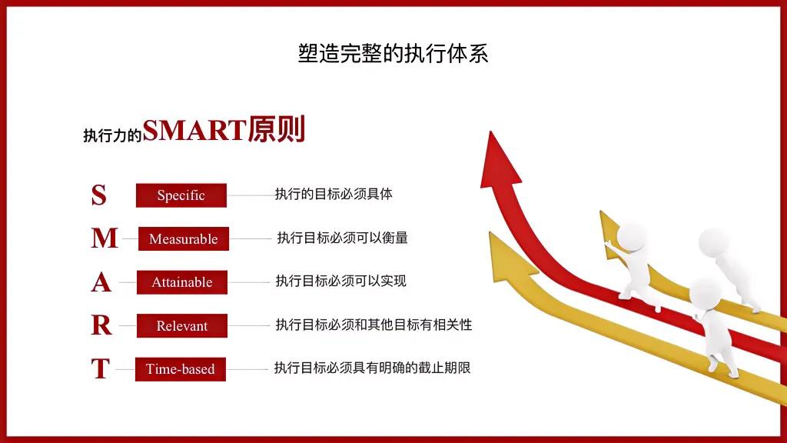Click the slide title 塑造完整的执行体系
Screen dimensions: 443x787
393,53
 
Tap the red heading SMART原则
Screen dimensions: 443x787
224,130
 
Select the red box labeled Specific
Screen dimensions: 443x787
181,195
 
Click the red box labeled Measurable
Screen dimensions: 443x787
184,239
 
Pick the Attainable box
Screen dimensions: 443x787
182,282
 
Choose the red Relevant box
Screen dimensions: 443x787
182,326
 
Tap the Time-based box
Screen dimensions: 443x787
181,369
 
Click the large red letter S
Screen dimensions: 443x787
98,195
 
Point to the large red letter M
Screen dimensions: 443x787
104,239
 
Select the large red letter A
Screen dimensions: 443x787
101,283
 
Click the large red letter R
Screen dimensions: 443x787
101,326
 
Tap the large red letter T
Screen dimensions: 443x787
100,370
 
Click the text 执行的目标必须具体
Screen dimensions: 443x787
334,194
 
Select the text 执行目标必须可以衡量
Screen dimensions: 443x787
342,238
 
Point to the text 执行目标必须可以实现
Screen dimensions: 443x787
340,281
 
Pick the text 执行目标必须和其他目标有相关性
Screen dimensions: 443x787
374,325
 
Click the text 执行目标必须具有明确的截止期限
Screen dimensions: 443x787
372,368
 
